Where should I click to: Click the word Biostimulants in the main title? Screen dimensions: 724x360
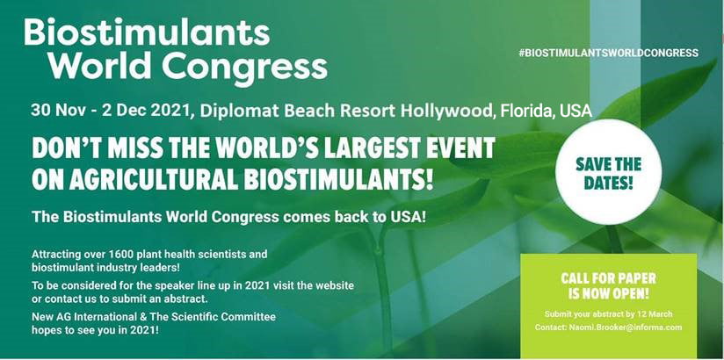[147, 32]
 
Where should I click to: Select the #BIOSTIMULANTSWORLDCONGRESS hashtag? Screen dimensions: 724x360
[609, 53]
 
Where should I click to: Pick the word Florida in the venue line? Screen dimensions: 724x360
[525, 112]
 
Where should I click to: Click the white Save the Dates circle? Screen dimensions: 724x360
[608, 172]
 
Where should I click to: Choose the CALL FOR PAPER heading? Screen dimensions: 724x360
[609, 278]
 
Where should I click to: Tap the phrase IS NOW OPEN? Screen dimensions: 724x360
[609, 293]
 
